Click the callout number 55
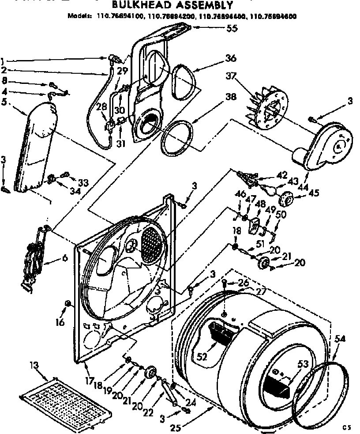point(232,29)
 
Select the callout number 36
point(231,58)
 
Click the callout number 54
point(340,339)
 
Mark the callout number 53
point(303,364)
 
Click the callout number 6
point(65,259)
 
